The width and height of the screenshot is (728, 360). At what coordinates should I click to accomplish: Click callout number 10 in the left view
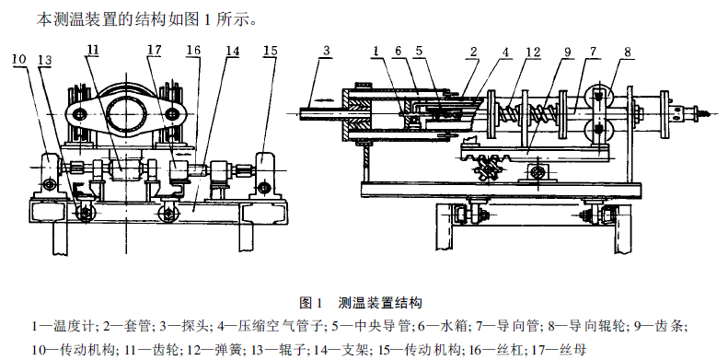(x=19, y=60)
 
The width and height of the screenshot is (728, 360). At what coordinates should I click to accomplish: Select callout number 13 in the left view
(x=45, y=61)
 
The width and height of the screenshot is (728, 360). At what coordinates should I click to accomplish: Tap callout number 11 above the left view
(x=93, y=50)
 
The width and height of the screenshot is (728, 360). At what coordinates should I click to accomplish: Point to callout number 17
(x=155, y=49)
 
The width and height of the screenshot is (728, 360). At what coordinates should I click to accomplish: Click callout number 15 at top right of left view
(x=270, y=50)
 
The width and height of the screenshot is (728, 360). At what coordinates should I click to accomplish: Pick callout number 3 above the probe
(x=327, y=51)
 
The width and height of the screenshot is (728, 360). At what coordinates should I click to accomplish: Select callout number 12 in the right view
(x=535, y=52)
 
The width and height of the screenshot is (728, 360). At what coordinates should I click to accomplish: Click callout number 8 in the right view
(x=628, y=52)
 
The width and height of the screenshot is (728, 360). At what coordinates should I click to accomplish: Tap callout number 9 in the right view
(x=567, y=52)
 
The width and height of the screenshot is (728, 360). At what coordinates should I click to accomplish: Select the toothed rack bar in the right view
(x=533, y=154)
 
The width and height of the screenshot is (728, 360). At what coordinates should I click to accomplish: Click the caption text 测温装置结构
(x=380, y=303)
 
